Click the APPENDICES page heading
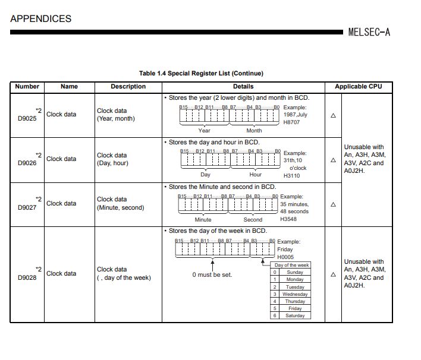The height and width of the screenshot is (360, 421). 40,18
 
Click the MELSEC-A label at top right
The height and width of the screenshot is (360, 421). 369,32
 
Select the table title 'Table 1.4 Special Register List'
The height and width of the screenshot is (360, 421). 201,73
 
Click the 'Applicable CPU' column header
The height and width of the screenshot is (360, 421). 358,86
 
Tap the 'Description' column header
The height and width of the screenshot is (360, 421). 128,86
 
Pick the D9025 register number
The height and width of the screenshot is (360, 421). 27,118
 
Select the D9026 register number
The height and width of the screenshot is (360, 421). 27,163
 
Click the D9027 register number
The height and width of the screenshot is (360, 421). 27,207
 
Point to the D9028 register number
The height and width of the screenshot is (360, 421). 27,277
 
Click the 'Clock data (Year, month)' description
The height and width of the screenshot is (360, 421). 116,115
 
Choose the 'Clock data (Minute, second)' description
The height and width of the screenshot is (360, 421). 120,204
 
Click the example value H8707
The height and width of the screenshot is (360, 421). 291,122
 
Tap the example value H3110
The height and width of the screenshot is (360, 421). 291,176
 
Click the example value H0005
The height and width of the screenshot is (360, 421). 285,257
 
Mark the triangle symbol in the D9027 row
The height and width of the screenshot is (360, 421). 333,204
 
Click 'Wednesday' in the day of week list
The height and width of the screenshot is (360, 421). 295,294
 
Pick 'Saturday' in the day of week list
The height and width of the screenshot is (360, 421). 295,315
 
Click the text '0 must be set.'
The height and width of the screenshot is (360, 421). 212,275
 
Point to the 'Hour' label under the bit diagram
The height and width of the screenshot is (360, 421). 255,175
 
